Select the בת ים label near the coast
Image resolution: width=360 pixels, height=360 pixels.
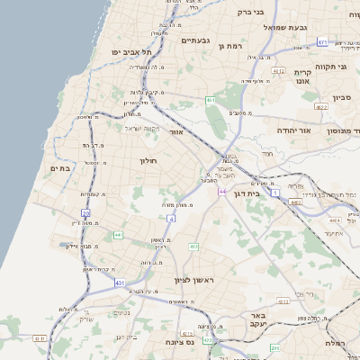pyautogui.click(x=60, y=167)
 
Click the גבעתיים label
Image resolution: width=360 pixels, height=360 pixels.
pyautogui.click(x=195, y=40)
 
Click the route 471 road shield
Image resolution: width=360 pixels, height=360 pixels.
pyautogui.click(x=322, y=41)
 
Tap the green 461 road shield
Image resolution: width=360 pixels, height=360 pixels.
pyautogui.click(x=210, y=100)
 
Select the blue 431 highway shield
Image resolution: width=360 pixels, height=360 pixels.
pyautogui.click(x=120, y=283)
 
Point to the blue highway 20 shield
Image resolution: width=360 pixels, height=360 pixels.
pyautogui.click(x=86, y=213)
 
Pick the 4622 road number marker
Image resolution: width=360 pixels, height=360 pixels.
pyautogui.click(x=321, y=106)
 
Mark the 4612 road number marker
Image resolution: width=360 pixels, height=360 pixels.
pyautogui.click(x=278, y=71)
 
